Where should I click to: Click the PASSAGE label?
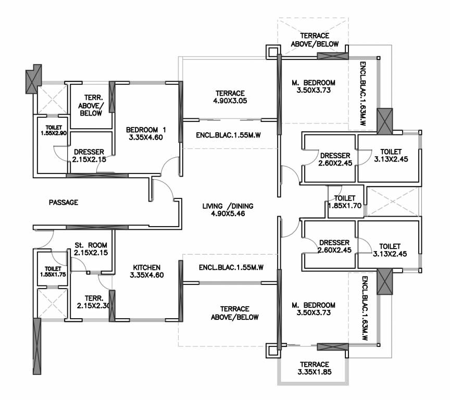coord(63,202)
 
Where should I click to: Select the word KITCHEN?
coord(146,267)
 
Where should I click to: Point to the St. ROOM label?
coord(91,244)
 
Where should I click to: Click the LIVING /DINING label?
coord(228,206)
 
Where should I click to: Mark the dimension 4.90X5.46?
coord(228,214)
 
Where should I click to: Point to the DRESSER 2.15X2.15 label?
coord(90,156)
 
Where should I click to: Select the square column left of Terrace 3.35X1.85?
coord(273,351)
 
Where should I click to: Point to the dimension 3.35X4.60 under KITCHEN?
coord(146,275)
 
